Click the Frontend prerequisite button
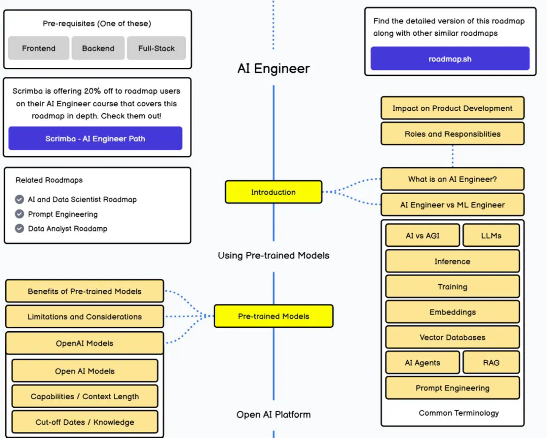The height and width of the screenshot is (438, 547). (x=38, y=49)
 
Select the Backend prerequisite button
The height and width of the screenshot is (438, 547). (x=98, y=49)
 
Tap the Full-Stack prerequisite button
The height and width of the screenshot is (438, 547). (x=156, y=49)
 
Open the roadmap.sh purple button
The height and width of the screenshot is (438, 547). (x=450, y=59)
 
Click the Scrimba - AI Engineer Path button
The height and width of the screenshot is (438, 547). (x=95, y=139)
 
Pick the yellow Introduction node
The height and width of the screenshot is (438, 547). (x=273, y=192)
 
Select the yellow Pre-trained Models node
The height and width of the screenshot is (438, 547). (x=273, y=316)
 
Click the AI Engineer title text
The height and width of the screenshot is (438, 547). (x=273, y=68)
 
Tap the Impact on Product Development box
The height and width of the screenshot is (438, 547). (x=452, y=108)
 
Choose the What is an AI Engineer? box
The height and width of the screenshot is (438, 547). (x=452, y=179)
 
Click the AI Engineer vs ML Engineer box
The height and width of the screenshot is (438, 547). (x=452, y=205)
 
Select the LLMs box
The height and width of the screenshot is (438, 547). (x=491, y=236)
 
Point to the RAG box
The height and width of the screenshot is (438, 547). (x=491, y=363)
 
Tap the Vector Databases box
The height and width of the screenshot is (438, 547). (x=452, y=337)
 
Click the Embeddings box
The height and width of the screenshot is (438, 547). (x=452, y=312)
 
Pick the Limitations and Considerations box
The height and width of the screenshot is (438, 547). (x=85, y=317)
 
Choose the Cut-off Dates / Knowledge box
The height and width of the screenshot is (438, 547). (x=85, y=422)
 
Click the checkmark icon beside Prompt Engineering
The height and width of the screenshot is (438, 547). (x=20, y=214)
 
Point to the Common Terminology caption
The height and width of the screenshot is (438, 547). (x=458, y=413)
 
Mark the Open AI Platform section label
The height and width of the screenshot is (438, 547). (x=273, y=415)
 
